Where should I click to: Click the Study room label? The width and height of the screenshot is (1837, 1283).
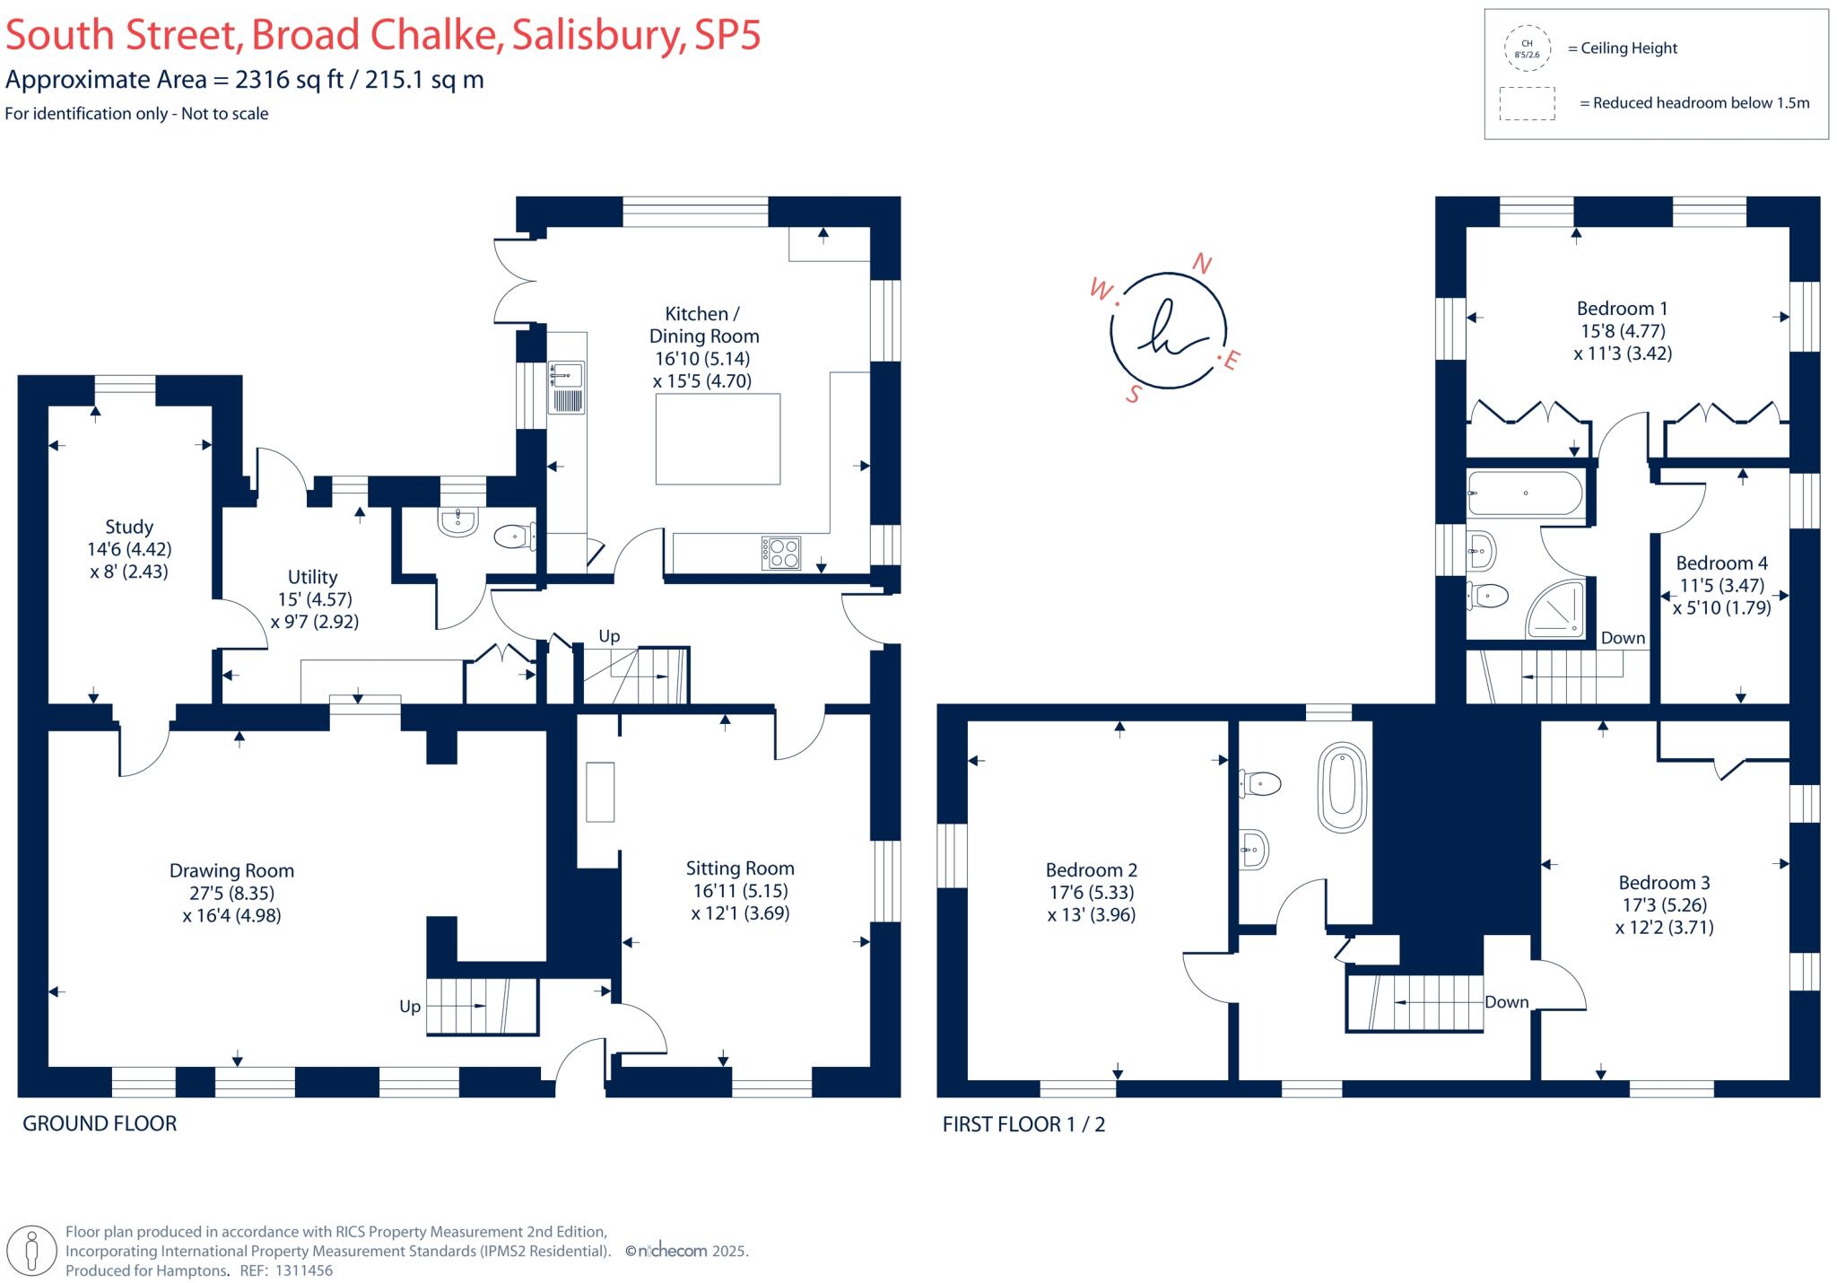[x=129, y=527]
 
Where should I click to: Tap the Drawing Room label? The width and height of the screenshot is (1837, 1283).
[x=231, y=870]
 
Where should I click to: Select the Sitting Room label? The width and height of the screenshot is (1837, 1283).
[x=740, y=868]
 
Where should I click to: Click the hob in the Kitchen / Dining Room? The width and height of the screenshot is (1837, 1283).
[x=781, y=553]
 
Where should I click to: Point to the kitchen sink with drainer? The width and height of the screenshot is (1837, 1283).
[x=566, y=388]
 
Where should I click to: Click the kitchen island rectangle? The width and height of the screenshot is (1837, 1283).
[x=718, y=439]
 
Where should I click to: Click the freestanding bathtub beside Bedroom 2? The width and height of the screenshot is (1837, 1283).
[x=1342, y=788]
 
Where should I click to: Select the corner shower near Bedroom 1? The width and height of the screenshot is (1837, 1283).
[x=1556, y=609]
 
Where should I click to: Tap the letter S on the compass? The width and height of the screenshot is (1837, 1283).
[x=1134, y=394]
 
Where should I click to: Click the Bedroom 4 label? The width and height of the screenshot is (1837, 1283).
[x=1722, y=563]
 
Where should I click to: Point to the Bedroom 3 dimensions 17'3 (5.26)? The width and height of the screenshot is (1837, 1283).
[x=1664, y=905]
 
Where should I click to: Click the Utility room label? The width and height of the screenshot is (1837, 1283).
[x=312, y=577]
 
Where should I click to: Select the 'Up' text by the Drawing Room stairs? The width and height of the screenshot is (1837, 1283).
[x=410, y=1007]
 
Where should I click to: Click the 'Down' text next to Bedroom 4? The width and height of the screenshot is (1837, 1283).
[x=1624, y=638]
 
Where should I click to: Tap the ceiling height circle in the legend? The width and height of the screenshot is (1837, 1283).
[x=1527, y=48]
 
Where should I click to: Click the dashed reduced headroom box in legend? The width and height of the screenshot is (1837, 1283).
[x=1527, y=103]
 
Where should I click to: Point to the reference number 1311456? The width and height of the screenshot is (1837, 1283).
[x=303, y=1270]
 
